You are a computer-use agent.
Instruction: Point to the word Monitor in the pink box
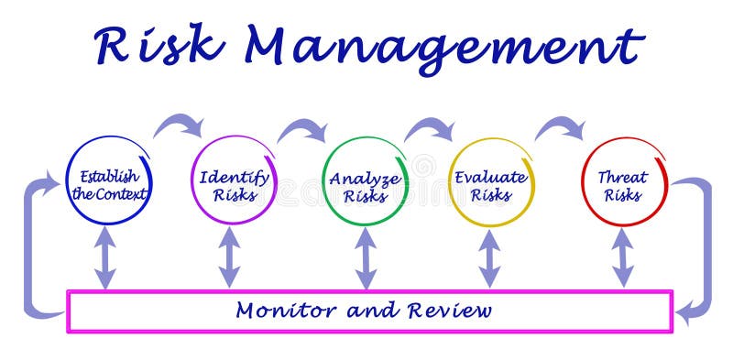pyautogui.click(x=274, y=311)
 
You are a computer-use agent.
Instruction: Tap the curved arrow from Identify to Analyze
pyautogui.click(x=302, y=129)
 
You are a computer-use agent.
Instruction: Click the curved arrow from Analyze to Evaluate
pyautogui.click(x=430, y=129)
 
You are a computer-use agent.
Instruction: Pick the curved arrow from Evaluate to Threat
pyautogui.click(x=560, y=126)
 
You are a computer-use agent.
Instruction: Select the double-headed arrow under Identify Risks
pyautogui.click(x=229, y=257)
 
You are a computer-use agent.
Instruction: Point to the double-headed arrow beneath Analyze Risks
pyautogui.click(x=366, y=257)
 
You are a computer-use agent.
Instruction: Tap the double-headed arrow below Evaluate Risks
pyautogui.click(x=490, y=257)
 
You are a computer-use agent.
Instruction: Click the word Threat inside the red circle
pyautogui.click(x=623, y=176)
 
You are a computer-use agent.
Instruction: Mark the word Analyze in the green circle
pyautogui.click(x=364, y=178)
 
